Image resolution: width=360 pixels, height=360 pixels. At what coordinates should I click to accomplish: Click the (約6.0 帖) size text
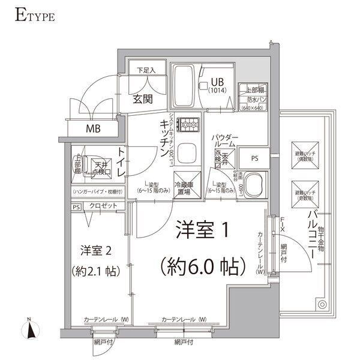tap(200, 265)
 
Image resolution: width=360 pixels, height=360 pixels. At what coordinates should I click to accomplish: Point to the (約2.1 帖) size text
tap(96, 270)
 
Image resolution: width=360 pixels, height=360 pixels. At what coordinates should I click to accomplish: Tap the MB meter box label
tap(92, 128)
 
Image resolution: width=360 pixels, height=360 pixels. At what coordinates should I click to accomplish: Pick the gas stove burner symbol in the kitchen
tap(191, 126)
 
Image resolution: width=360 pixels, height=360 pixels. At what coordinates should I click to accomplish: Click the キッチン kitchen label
tap(163, 140)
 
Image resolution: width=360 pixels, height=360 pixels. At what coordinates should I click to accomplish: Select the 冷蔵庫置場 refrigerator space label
tap(182, 189)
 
